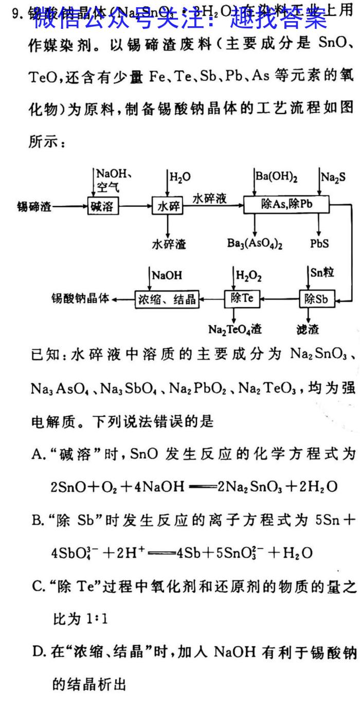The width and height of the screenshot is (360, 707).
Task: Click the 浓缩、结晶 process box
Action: point(167,299)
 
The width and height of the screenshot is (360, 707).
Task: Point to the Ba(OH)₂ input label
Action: point(277,178)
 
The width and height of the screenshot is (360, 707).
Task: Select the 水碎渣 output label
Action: point(169,244)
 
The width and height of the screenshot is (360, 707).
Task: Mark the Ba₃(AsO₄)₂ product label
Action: point(255,244)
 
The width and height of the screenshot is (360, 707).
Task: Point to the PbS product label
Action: point(319,243)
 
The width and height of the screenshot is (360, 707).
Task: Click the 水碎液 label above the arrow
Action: point(210,199)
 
